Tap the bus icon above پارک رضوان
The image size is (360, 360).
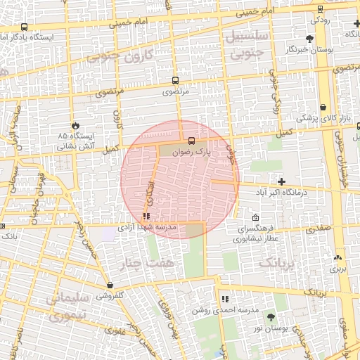[191, 139]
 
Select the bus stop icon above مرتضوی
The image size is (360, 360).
[174, 80]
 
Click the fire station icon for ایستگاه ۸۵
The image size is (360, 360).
[76, 122]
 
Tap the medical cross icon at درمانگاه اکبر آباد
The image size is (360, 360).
[281, 181]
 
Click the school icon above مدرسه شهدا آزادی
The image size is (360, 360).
[146, 217]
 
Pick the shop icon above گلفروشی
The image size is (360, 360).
[110, 285]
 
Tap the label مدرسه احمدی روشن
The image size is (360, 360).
[226, 310]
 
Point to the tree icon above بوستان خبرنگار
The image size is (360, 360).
[309, 38]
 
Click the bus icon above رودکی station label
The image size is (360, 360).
[321, 8]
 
